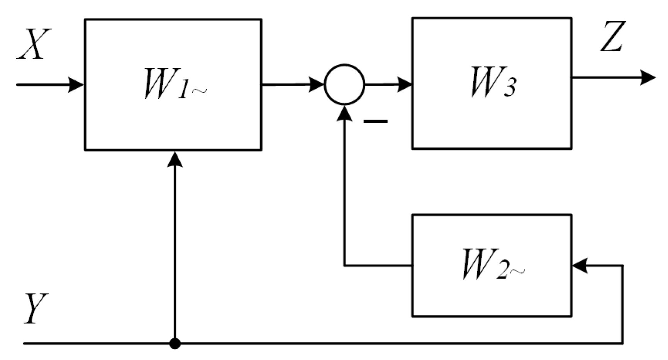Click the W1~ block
[173, 85]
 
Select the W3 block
[492, 83]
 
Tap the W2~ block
[492, 265]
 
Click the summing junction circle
[344, 84]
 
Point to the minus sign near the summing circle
[375, 121]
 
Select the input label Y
[36, 309]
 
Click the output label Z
[613, 37]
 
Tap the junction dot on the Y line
[175, 343]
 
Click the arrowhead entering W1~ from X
[76, 85]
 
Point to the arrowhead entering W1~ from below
[175, 159]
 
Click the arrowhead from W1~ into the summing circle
[316, 85]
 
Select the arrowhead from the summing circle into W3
[404, 85]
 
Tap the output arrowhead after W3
[648, 78]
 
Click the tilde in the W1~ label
[200, 91]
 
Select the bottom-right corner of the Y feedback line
[622, 343]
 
